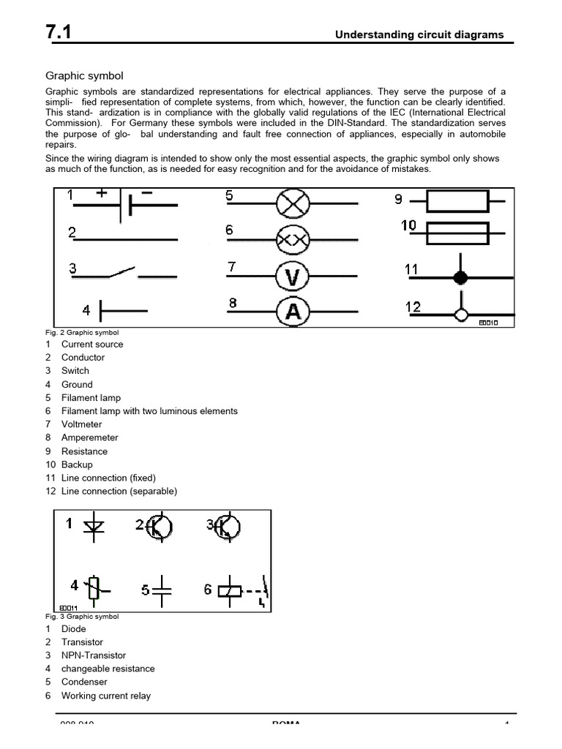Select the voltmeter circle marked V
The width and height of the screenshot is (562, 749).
(x=293, y=276)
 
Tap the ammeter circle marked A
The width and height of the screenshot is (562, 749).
(x=293, y=312)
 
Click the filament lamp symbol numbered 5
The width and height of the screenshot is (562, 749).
(x=293, y=203)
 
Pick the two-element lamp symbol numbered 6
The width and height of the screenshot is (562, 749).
(x=293, y=239)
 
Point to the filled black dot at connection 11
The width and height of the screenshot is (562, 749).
(x=460, y=277)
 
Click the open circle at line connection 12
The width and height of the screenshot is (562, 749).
(x=460, y=315)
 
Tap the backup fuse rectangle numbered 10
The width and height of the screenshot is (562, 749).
(x=457, y=233)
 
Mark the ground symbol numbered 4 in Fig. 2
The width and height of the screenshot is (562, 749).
(x=102, y=311)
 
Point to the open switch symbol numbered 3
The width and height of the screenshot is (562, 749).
(x=121, y=274)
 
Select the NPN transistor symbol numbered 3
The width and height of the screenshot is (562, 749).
(x=227, y=527)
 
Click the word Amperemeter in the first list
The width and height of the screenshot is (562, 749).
(x=89, y=437)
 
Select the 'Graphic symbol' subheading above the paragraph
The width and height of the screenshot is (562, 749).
(x=84, y=75)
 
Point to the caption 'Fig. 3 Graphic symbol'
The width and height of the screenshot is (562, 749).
(x=82, y=617)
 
